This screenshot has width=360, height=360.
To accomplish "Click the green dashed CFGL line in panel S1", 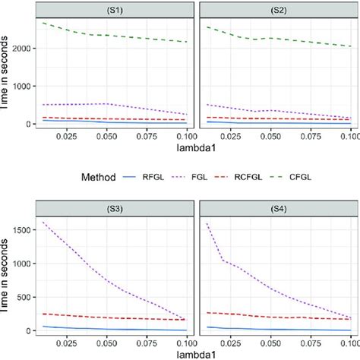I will click(114, 35).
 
